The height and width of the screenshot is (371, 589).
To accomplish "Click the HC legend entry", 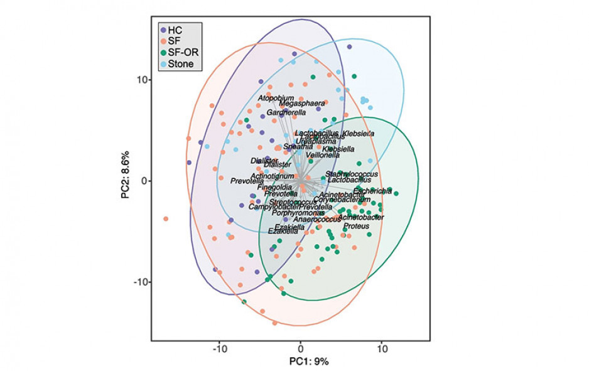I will pyautogui.click(x=175, y=30).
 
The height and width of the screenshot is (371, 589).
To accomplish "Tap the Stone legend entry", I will pyautogui.click(x=180, y=63).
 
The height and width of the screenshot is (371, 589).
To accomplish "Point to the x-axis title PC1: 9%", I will pyautogui.click(x=309, y=362).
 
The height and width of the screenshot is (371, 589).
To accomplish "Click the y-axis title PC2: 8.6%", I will pyautogui.click(x=126, y=181).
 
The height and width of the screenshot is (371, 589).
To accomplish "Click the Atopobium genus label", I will pyautogui.click(x=276, y=98).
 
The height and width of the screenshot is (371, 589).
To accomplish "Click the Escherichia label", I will pyautogui.click(x=372, y=191).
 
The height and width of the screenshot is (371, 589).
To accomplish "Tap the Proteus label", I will pyautogui.click(x=356, y=223).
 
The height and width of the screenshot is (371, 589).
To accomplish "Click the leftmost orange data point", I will pyautogui.click(x=166, y=218).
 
